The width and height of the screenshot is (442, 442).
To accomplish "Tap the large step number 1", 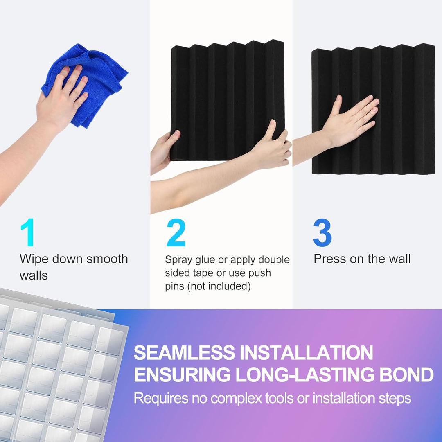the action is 28,232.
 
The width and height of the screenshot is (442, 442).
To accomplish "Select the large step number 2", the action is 176,232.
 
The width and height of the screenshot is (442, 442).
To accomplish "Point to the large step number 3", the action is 322,232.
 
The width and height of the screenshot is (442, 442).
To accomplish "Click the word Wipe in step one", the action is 34,259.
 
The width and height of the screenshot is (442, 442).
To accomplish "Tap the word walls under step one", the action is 34,275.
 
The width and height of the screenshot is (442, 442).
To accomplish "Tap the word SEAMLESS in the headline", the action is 184,352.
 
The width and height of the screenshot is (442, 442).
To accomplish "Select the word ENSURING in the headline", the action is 182,374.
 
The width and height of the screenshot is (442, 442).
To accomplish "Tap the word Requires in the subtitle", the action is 161,398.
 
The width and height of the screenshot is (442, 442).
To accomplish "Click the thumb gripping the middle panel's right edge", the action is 271,130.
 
